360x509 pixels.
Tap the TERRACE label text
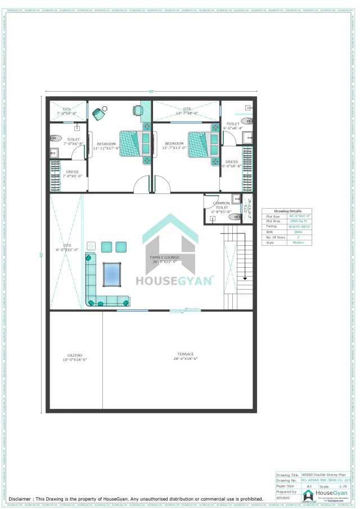pyautogui.click(x=186, y=356)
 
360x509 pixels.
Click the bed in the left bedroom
pyautogui.click(x=135, y=144)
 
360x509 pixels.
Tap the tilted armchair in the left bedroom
pyautogui.click(x=100, y=112)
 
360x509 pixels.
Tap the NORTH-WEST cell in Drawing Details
pyautogui.click(x=299, y=226)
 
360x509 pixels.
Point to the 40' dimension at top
pyautogui.click(x=151, y=91)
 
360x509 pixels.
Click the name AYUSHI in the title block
pyautogui.click(x=283, y=497)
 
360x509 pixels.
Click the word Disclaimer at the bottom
pyautogui.click(x=23, y=498)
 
